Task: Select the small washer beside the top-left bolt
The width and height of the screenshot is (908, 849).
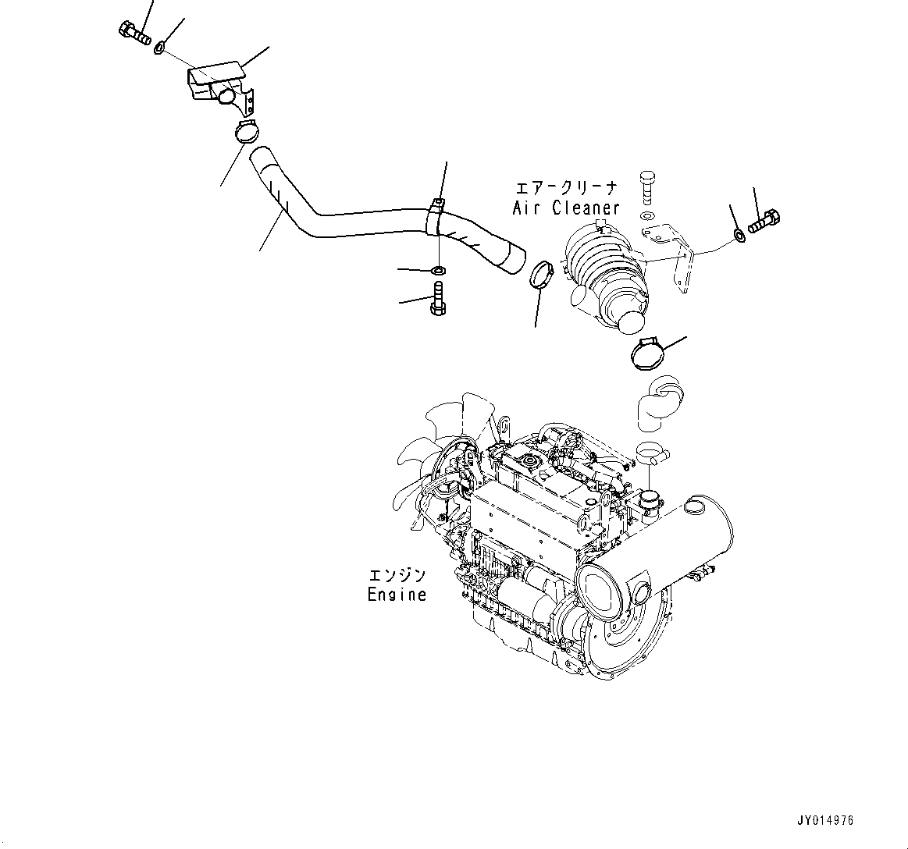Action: [x=158, y=48]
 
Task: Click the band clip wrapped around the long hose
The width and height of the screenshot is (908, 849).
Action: [x=436, y=216]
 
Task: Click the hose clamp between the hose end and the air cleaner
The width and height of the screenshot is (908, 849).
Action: [x=541, y=275]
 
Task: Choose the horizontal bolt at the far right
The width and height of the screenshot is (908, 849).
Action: [x=764, y=222]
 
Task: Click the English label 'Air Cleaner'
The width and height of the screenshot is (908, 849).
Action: [x=566, y=208]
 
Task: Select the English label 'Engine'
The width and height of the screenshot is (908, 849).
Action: [x=397, y=595]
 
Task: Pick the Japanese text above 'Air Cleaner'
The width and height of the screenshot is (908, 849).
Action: [x=566, y=188]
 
